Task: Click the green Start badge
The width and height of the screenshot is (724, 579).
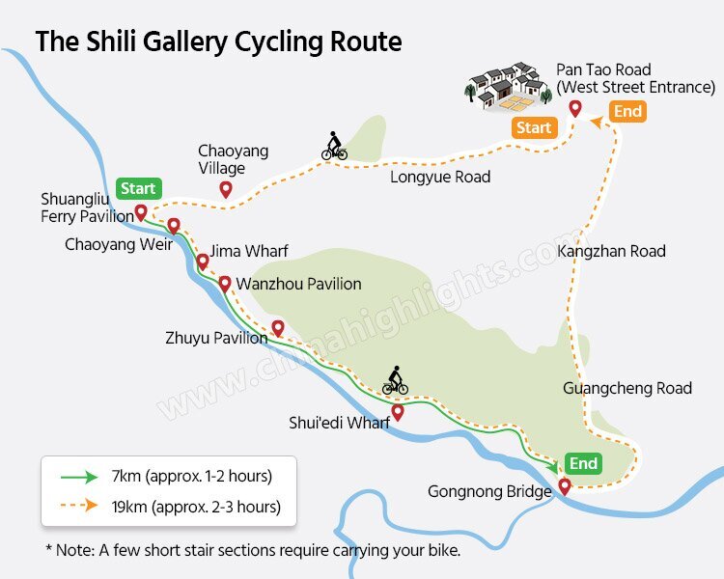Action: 138,188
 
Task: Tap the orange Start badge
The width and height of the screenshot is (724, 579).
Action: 534,128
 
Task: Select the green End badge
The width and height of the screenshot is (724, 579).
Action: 583,464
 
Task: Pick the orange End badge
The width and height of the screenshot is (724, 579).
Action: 627,112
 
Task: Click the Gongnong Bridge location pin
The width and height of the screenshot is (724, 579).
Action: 565,487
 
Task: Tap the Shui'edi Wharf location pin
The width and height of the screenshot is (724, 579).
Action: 397,413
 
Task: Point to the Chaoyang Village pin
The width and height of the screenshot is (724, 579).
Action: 226,190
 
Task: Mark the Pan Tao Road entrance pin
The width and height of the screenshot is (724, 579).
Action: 575,109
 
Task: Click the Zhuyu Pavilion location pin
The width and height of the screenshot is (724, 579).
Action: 278,328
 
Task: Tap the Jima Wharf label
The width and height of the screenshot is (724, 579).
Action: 249,252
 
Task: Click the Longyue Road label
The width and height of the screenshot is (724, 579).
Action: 440,177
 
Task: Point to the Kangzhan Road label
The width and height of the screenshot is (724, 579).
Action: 611,251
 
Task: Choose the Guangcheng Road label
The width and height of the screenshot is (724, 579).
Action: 627,388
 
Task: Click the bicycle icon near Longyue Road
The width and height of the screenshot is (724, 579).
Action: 334,148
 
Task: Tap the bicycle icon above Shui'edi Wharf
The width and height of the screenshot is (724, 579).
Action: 395,381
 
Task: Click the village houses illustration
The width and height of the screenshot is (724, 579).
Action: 502,84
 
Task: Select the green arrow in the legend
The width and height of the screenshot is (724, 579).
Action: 78,476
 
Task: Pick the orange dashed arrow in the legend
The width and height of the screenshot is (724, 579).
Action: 78,505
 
